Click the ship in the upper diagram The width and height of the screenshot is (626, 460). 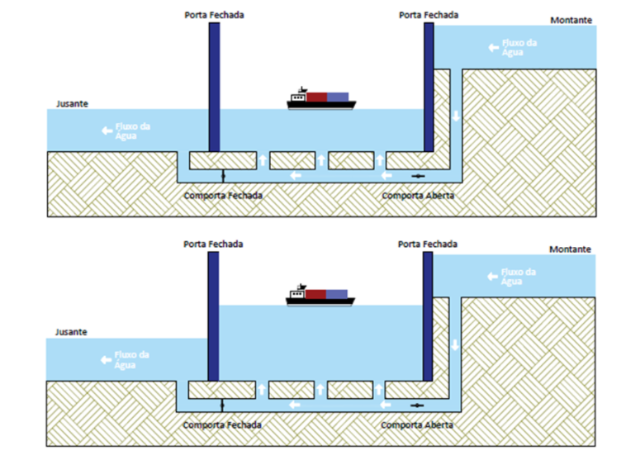click(321, 100)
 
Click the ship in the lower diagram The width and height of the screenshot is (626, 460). click(321, 296)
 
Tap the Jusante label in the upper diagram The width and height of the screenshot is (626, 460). click(71, 104)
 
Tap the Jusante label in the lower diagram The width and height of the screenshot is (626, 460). click(71, 332)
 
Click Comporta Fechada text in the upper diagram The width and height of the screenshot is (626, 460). click(223, 196)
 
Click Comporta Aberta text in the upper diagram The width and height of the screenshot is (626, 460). click(418, 196)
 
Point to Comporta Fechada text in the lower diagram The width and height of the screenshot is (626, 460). click(223, 424)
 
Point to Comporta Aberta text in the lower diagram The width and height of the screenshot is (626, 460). click(418, 424)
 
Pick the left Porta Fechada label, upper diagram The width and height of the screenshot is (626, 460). click(214, 15)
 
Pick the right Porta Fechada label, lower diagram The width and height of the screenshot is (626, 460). click(428, 244)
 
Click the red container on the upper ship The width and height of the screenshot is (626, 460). click(317, 97)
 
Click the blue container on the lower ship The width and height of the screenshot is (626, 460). click(337, 293)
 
